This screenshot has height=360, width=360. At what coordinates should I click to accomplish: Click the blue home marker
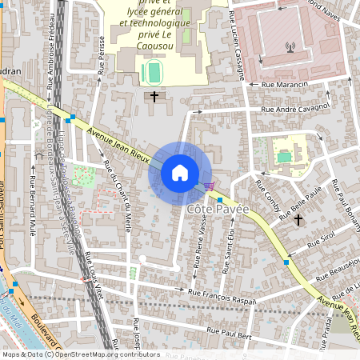(180, 173)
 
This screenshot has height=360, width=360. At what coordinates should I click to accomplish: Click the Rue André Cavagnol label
(296, 108)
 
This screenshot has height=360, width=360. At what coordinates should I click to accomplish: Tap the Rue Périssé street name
(102, 55)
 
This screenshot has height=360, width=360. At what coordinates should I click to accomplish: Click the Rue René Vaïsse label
(198, 249)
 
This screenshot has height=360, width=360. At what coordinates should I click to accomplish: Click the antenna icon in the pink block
(289, 46)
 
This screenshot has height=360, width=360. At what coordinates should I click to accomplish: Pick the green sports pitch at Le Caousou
(151, 73)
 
